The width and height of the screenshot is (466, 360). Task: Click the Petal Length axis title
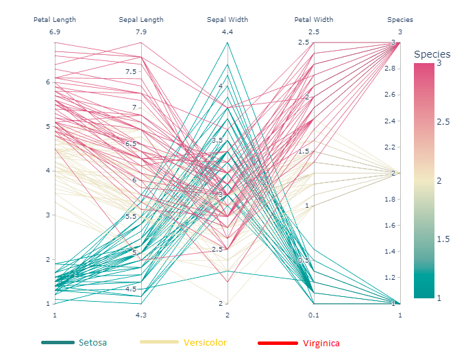point(55,20)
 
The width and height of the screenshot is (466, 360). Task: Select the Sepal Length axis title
point(141,20)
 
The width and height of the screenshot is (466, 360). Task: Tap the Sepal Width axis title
point(228,20)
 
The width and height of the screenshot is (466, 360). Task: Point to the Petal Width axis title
point(314,20)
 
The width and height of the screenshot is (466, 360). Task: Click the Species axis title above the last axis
point(400,20)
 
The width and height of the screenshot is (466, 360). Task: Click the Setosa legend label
point(93,342)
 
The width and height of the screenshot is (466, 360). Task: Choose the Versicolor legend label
point(205,342)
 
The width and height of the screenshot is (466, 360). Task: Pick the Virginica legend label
point(321,343)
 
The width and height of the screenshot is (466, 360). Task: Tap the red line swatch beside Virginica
point(278,343)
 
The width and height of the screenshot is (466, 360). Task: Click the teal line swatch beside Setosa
point(58,342)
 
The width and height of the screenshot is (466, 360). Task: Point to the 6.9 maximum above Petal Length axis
point(55,32)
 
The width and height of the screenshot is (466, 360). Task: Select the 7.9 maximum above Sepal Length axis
point(141,32)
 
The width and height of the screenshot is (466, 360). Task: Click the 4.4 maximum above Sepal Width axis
point(228,32)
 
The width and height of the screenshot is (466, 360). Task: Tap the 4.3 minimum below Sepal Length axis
point(141,315)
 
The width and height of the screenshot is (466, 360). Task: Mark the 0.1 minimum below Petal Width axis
point(314,315)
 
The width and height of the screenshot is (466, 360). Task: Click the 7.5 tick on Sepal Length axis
point(130,72)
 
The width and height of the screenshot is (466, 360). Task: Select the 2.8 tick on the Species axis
point(389,69)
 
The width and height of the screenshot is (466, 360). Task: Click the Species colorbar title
point(432,54)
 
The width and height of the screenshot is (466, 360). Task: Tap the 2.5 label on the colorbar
point(443,122)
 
